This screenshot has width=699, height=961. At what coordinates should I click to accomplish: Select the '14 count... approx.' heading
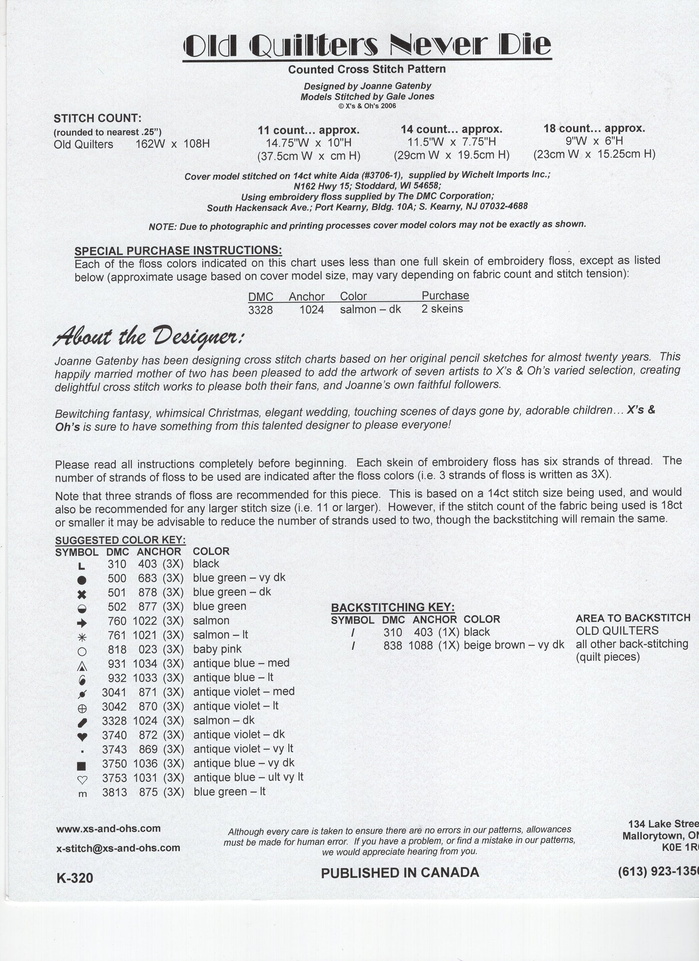tap(451, 129)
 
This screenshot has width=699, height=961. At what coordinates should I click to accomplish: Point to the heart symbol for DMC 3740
tap(82, 737)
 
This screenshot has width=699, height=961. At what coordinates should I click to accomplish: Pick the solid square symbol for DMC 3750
tap(82, 766)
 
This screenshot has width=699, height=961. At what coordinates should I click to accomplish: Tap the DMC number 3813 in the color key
tap(114, 792)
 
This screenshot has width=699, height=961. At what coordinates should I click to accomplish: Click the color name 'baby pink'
tap(217, 649)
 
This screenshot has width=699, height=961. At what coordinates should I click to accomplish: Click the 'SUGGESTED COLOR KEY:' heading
tap(120, 540)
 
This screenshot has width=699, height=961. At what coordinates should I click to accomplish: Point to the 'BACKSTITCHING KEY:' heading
tap(393, 608)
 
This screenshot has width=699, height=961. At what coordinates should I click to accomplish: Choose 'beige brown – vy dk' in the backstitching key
tap(514, 645)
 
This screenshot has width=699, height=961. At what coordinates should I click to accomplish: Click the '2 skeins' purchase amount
tap(442, 309)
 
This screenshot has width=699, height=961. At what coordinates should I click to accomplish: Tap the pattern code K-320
tap(75, 877)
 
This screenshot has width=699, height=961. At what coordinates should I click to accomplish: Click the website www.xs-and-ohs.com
tap(108, 829)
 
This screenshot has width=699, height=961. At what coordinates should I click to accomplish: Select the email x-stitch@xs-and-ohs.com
tap(118, 848)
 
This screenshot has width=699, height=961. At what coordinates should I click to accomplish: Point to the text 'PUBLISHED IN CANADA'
tap(400, 873)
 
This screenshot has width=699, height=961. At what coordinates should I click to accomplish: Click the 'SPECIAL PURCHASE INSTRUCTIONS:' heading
tap(178, 250)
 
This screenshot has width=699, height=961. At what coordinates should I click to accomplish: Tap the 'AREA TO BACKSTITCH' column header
tap(633, 618)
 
